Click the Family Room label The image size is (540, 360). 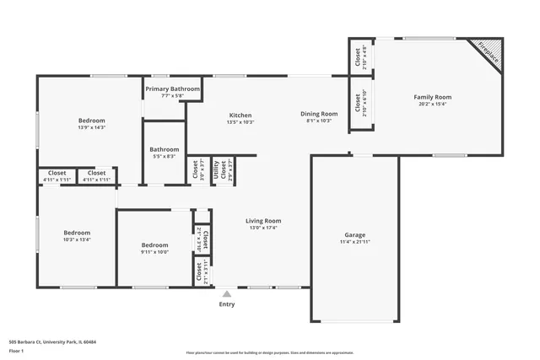coord(432,97)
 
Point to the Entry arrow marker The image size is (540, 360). coord(226,293)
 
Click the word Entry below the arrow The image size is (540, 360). coord(226,304)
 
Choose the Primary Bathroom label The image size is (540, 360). coord(172,89)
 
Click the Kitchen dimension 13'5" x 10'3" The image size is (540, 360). coord(240,122)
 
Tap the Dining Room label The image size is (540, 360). coord(319,114)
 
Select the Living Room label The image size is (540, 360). coord(263,220)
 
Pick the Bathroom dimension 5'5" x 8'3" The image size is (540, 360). coord(165,156)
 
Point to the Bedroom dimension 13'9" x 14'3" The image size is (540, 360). coord(91,127)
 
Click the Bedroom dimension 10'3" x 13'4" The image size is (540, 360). coord(77,239)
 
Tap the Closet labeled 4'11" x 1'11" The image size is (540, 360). coord(97,180)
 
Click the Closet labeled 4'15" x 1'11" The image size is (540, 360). coord(57,180)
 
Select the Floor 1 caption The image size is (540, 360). coord(16,351)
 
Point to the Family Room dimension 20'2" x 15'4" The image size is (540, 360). coord(432,105)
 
